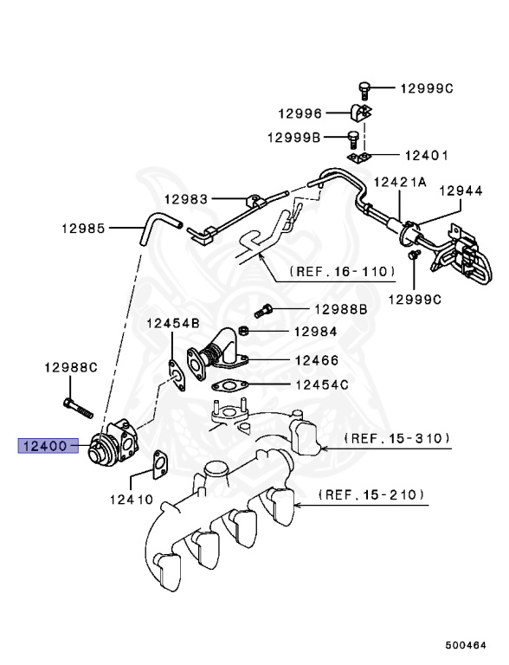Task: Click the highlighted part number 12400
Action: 44,446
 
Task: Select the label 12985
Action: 83,229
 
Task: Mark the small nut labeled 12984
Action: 245,331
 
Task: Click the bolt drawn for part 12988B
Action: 264,308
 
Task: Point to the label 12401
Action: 425,156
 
